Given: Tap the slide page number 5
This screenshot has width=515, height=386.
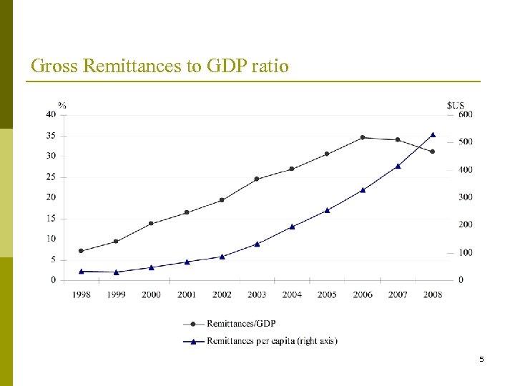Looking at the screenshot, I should click(481, 359).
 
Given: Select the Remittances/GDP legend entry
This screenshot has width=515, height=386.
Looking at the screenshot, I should click(240, 324).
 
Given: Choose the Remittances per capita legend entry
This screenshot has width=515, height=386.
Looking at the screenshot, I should click(271, 341).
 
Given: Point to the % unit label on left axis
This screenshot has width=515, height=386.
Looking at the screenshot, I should click(62, 105).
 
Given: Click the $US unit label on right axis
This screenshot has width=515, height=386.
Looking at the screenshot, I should click(456, 105).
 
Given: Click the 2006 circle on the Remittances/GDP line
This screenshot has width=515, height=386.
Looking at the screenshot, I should click(363, 137).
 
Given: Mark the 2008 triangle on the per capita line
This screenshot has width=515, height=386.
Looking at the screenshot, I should click(433, 134).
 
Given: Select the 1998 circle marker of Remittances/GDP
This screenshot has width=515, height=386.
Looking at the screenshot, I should click(81, 251).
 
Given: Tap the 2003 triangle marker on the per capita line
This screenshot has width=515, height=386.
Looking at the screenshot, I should click(257, 244).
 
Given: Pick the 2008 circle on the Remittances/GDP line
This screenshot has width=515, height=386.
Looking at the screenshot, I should click(433, 152).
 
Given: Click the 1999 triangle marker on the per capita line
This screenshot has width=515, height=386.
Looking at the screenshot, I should click(116, 272).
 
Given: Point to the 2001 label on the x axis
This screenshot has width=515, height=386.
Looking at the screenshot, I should click(186, 295).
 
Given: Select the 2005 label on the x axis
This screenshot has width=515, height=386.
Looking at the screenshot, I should click(327, 295).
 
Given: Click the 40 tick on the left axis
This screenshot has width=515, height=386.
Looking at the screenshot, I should click(51, 114).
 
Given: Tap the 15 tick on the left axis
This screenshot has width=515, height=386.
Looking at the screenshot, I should click(51, 218).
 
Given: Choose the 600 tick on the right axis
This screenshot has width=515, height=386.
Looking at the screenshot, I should click(465, 114).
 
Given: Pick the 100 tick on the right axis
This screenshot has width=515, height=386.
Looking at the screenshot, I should click(465, 253).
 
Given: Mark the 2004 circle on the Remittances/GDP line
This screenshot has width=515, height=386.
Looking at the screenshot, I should click(292, 169).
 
